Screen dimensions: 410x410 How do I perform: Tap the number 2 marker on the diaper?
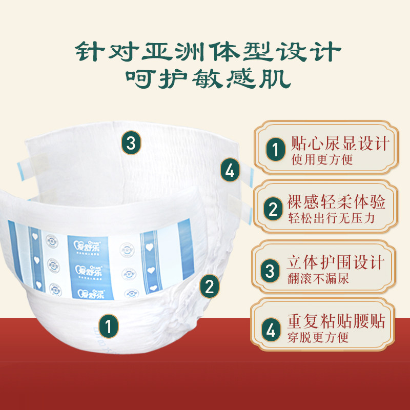click(x=209, y=286)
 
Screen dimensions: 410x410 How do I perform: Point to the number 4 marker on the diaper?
click(x=230, y=170)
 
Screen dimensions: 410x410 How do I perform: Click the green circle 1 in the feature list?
click(x=276, y=150)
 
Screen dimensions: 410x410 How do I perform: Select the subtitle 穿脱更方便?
click(x=319, y=338)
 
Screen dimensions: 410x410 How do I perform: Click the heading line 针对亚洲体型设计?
click(x=208, y=51)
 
